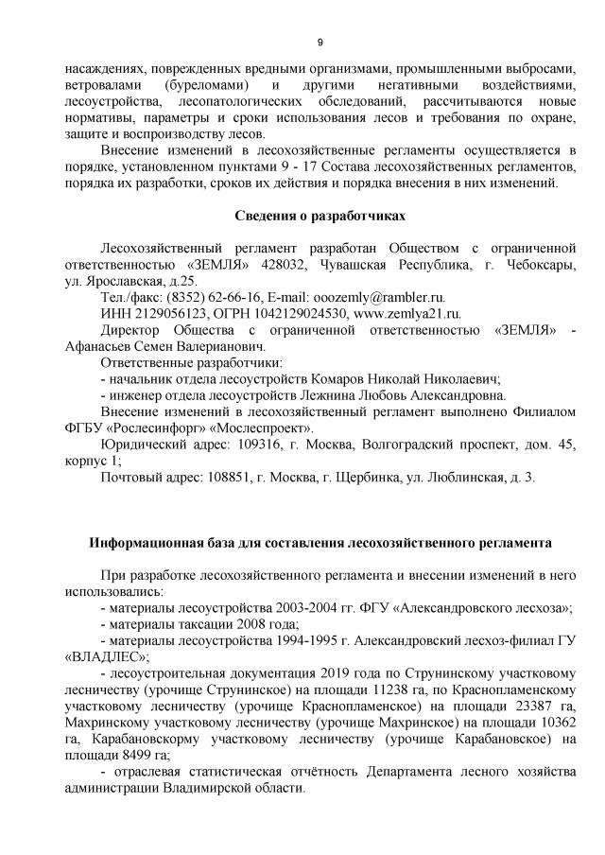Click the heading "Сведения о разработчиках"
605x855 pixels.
coord(320,216)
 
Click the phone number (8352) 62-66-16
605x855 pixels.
coord(209,296)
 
